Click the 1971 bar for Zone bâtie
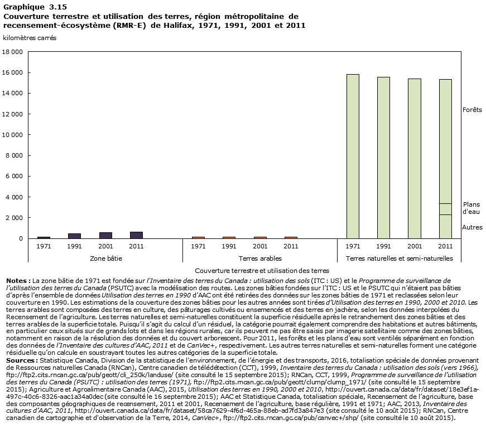pyautogui.click(x=44, y=237)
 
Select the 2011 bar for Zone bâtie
pyautogui.click(x=136, y=235)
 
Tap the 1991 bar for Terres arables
pyautogui.click(x=229, y=237)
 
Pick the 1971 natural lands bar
pyautogui.click(x=353, y=156)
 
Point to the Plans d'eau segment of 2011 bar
pyautogui.click(x=445, y=209)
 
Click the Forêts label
pyautogui.click(x=471, y=110)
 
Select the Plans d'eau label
pyautogui.click(x=471, y=208)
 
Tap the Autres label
pyautogui.click(x=472, y=227)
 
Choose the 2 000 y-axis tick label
pyautogui.click(x=15, y=218)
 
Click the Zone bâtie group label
pyautogui.click(x=105, y=258)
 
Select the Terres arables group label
pyautogui.click(x=260, y=258)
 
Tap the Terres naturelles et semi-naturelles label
pyautogui.click(x=399, y=258)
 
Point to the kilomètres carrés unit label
pyautogui.click(x=30, y=38)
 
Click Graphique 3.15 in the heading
pyautogui.click(x=28, y=7)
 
